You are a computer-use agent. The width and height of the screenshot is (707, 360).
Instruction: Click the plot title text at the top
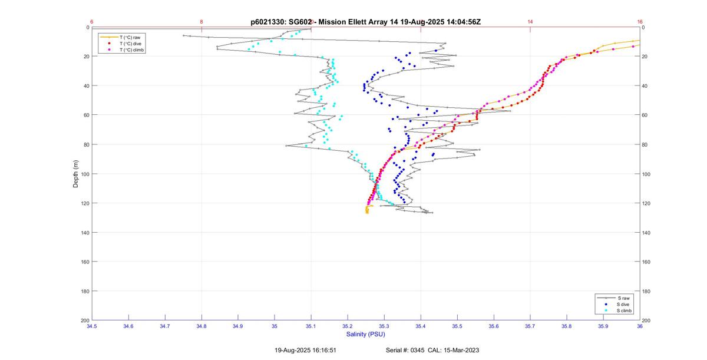365,22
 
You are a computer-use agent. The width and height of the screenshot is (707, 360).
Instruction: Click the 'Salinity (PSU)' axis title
365,334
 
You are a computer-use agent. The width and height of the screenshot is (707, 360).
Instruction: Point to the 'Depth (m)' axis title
76,174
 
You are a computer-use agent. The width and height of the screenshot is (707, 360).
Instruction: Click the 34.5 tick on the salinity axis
92,326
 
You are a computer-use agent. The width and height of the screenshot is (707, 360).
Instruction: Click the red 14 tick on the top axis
530,22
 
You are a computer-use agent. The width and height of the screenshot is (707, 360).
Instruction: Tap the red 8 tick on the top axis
201,22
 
